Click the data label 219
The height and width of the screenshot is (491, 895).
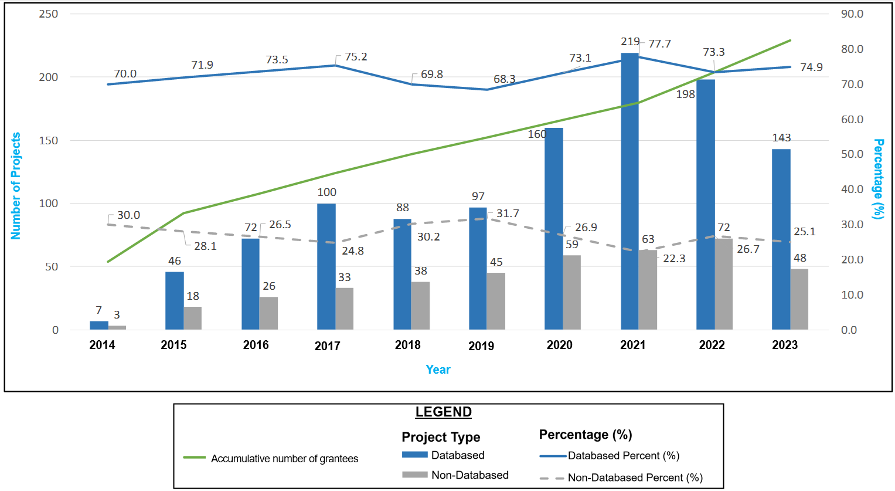pos(630,42)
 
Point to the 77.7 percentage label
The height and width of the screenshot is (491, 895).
pos(659,44)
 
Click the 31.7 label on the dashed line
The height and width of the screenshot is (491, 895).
pos(508,214)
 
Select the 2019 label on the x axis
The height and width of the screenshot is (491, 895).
pos(481,346)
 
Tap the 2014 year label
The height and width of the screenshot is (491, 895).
pos(102,345)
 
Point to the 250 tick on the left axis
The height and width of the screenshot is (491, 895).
pos(49,14)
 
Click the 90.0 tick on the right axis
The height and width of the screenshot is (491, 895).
pos(852,14)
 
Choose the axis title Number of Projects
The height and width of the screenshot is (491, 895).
pos(16,185)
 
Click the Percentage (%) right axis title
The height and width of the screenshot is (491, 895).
pos(878,179)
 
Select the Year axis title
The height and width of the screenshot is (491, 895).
pos(438,370)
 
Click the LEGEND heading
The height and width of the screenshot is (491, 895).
pos(443,412)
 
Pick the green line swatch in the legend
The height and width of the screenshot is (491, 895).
pos(194,458)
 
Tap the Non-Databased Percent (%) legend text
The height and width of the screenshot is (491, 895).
pos(635,478)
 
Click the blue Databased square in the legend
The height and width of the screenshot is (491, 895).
pos(414,455)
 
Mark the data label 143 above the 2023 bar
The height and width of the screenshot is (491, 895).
pos(781,138)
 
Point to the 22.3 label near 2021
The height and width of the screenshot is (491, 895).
pos(674,259)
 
